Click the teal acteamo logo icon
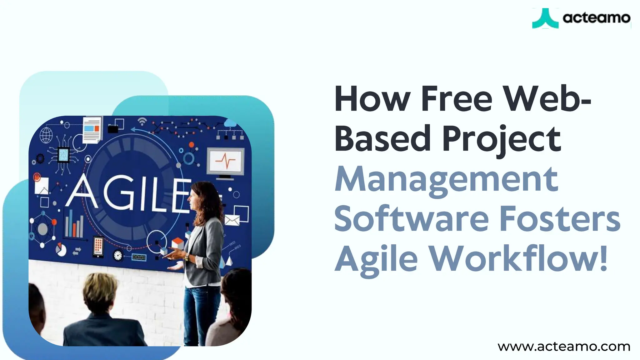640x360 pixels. pos(545,18)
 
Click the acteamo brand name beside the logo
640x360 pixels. pos(596,18)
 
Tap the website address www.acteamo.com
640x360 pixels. pos(564,347)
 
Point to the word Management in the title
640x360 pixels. pos(446,180)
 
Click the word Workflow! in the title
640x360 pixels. pos(518,259)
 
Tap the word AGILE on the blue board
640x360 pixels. pos(128,194)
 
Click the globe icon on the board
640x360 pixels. pos(46,135)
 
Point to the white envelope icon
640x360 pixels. pos(232,220)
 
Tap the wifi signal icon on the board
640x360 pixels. pos(142,121)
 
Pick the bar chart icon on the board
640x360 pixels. pos(74,224)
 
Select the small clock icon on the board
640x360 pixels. pos(118,255)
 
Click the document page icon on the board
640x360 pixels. pos(92,130)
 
